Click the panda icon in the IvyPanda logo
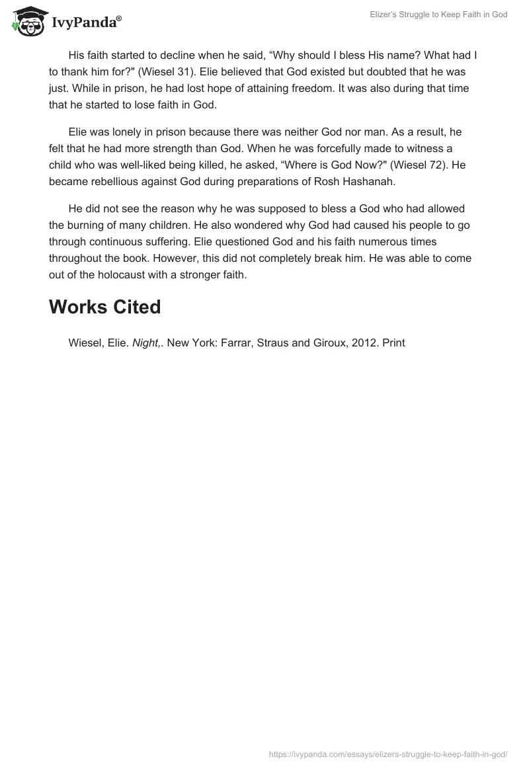point(27,20)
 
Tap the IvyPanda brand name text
point(85,22)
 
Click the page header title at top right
point(438,15)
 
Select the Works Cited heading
point(104,307)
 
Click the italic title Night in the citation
point(147,343)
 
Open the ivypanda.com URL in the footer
point(388,754)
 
